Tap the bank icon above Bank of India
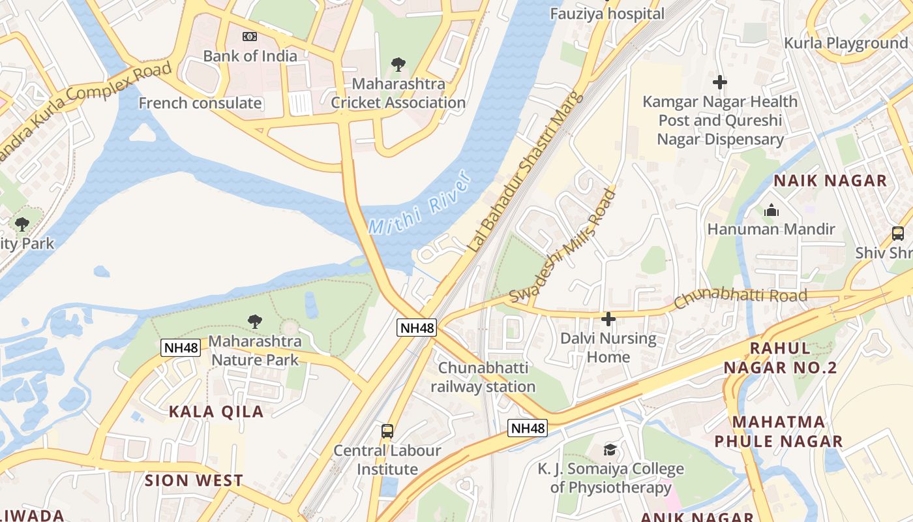250,37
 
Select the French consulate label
200,103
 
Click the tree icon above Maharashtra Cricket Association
398,64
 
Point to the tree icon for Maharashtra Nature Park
255,321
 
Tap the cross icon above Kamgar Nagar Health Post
720,82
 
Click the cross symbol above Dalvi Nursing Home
608,318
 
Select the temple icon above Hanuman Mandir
771,210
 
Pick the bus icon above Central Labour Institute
387,431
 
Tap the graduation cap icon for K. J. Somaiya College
610,449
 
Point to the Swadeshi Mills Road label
562,246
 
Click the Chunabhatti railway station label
483,377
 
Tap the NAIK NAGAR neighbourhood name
830,181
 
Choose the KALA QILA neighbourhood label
216,411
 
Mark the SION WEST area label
194,481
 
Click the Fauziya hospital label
607,14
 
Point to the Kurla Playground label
846,43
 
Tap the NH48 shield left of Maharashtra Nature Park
181,347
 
